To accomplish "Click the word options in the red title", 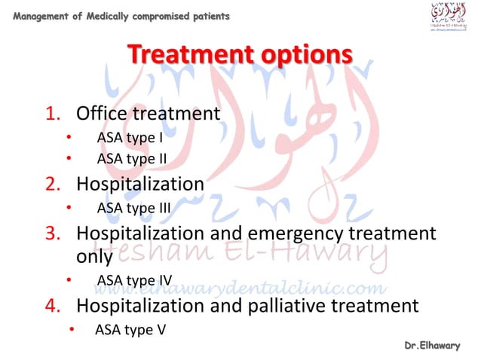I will [x=303, y=56].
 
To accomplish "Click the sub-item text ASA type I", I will [x=130, y=138].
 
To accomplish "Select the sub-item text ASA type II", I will [x=131, y=159].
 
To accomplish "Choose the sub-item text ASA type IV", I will [x=134, y=281].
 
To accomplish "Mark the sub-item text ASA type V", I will [x=130, y=329].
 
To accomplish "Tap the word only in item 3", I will [x=94, y=256].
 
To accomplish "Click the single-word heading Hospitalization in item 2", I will [x=140, y=184].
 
